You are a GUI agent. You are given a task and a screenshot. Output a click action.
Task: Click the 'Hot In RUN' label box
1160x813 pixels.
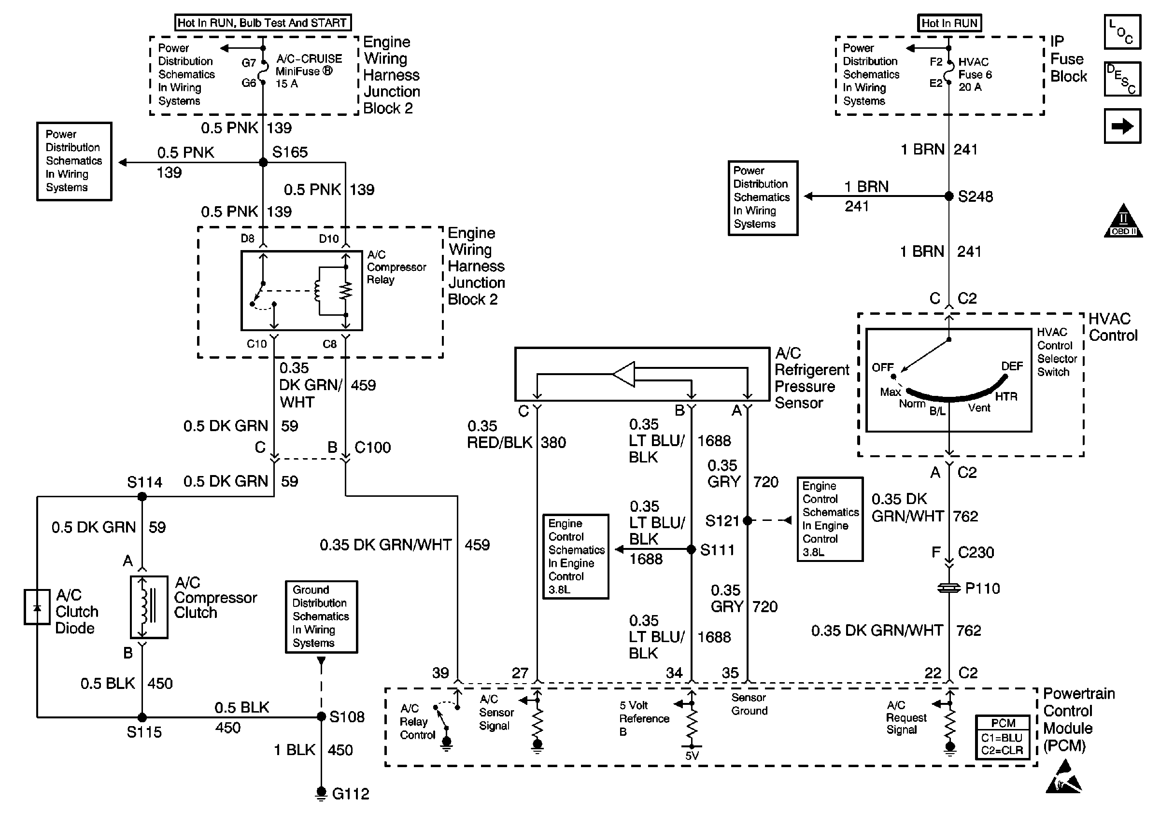(x=949, y=23)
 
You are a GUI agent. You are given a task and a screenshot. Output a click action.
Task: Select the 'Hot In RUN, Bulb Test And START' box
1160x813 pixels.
(x=262, y=23)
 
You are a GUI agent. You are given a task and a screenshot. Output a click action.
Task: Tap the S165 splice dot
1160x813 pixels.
(x=263, y=163)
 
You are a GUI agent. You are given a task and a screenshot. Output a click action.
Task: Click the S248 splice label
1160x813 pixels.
(x=975, y=196)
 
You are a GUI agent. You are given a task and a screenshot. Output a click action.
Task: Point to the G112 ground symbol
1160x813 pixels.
(x=321, y=793)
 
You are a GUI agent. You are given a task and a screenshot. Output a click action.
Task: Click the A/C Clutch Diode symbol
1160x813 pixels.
(x=37, y=606)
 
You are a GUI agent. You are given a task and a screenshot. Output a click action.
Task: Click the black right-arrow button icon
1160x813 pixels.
(x=1122, y=126)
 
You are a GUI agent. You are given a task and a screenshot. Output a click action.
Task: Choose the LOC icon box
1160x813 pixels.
(x=1122, y=32)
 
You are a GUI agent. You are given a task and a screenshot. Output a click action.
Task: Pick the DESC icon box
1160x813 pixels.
(x=1122, y=79)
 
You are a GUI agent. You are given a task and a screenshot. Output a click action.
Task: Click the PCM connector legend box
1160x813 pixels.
(x=1003, y=737)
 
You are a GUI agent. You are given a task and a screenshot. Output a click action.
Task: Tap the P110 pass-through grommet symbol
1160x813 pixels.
(x=949, y=588)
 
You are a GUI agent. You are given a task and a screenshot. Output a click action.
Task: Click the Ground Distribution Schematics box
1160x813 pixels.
(x=321, y=617)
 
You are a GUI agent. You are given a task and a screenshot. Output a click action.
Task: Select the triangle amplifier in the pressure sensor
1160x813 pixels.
(x=624, y=374)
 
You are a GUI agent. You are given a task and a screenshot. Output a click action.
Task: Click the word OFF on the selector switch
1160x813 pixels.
(x=883, y=367)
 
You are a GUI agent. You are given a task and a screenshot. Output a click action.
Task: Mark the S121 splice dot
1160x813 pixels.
(x=747, y=520)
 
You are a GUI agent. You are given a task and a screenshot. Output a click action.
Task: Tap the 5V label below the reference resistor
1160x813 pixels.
(x=692, y=756)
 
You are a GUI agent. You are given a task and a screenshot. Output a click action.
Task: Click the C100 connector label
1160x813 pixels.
(x=372, y=448)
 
